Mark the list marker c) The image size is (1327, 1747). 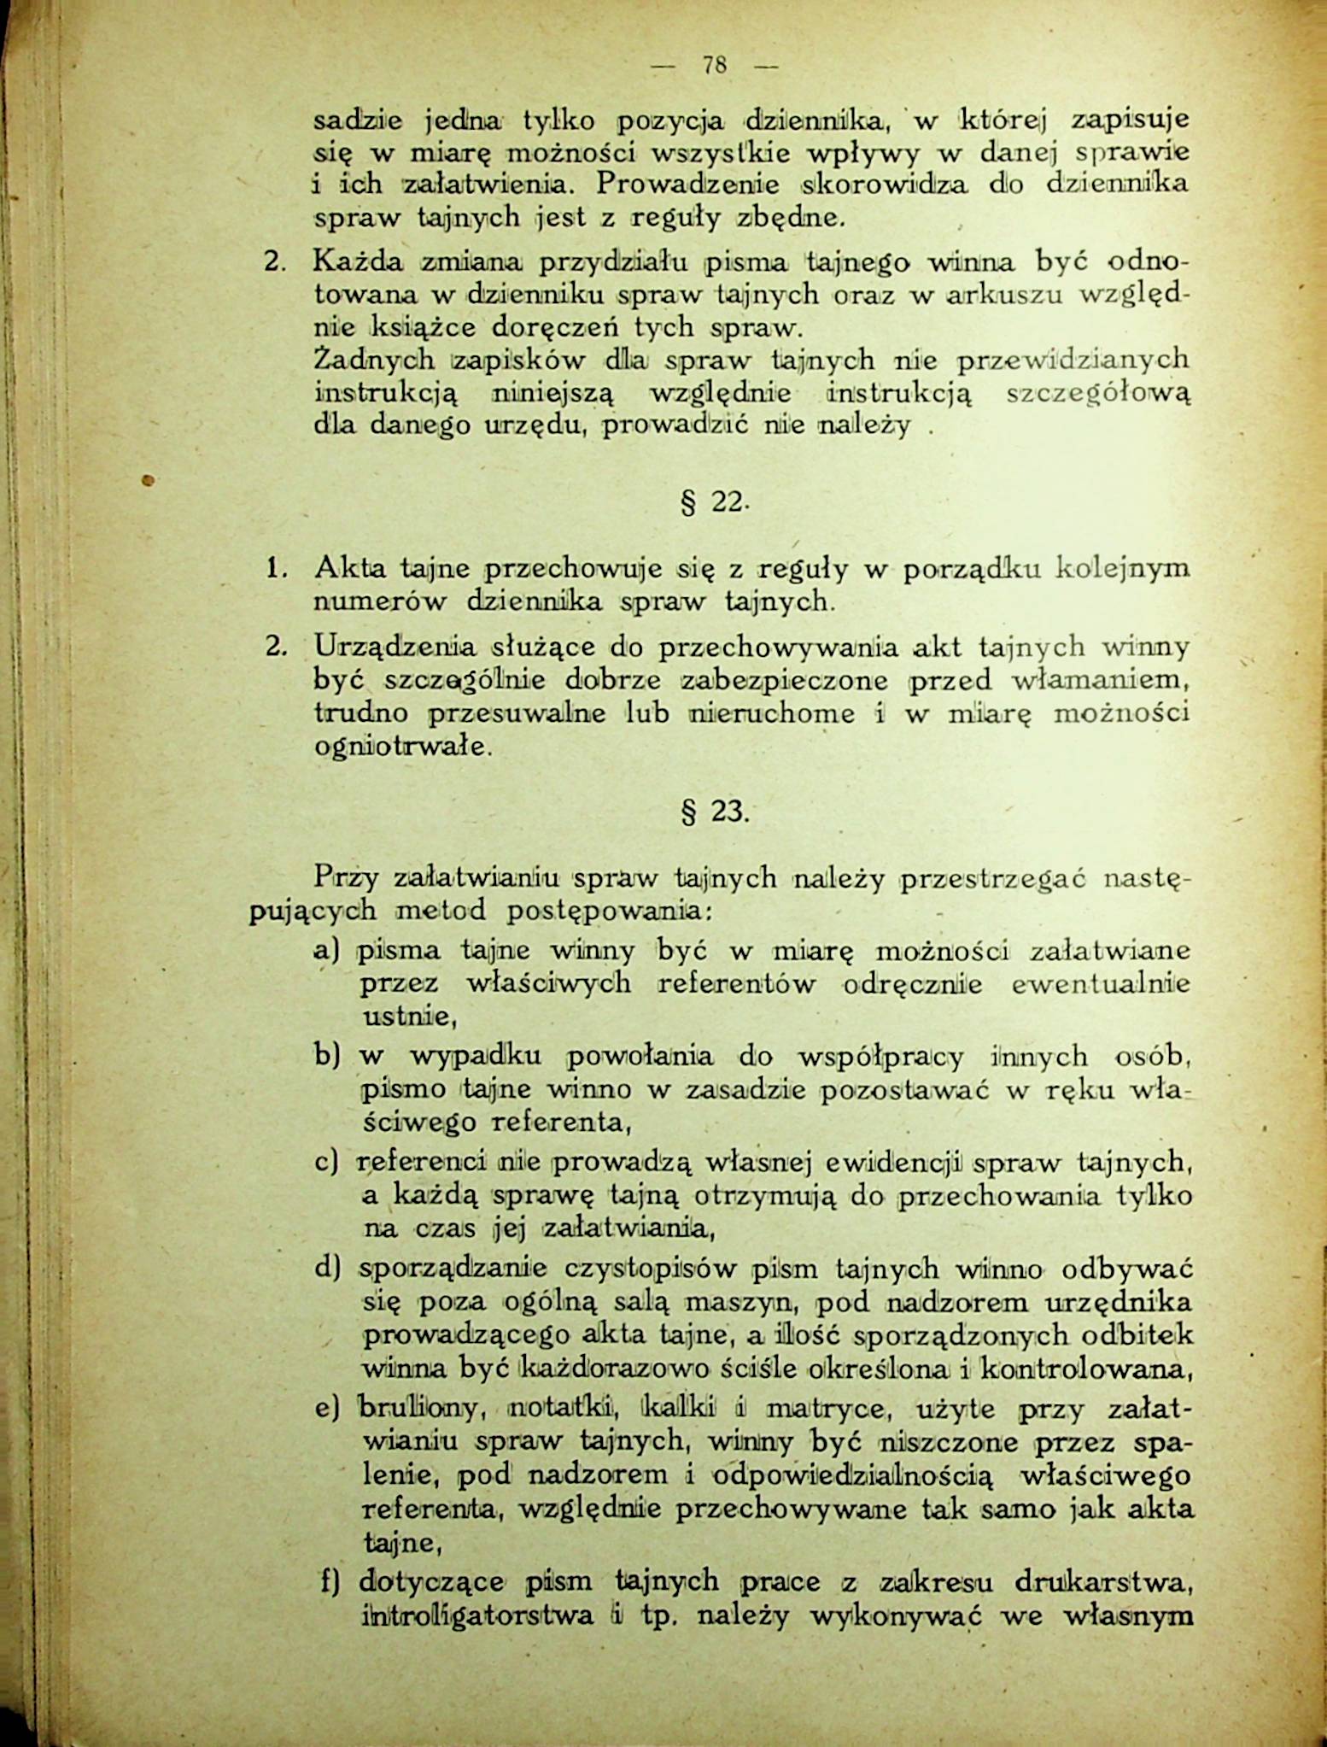pyautogui.click(x=327, y=1163)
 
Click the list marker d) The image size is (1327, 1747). pyautogui.click(x=327, y=1268)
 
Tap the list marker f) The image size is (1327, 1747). pyautogui.click(x=329, y=1582)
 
